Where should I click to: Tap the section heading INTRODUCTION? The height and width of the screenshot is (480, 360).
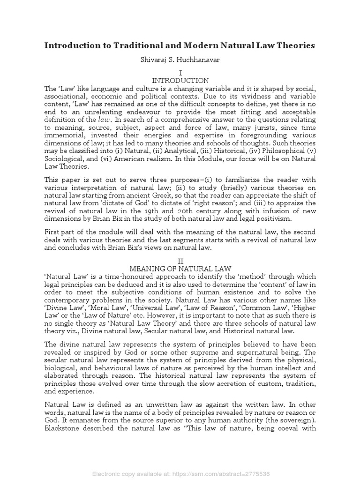pyautogui.click(x=180, y=81)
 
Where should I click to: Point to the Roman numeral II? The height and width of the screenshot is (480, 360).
pyautogui.click(x=180, y=260)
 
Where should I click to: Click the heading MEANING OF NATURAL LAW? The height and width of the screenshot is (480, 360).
pyautogui.click(x=180, y=269)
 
